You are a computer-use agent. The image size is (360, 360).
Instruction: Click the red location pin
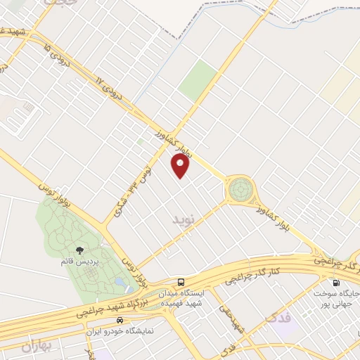[181, 165]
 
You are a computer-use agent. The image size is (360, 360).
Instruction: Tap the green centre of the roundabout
[239, 188]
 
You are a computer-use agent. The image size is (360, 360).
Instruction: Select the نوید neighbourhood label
[181, 220]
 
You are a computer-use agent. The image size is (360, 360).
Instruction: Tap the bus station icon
[181, 282]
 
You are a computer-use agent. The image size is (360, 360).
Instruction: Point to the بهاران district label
[37, 347]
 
